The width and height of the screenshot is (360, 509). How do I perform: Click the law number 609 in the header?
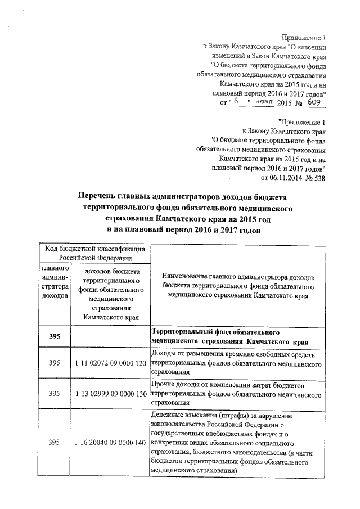tap(314, 103)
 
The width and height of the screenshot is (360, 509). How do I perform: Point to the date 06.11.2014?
tap(280, 178)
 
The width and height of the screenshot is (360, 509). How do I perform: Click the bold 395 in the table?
tap(54, 336)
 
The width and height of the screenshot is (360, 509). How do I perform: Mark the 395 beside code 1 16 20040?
tap(54, 443)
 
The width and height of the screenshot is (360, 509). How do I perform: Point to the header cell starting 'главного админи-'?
tap(55, 282)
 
